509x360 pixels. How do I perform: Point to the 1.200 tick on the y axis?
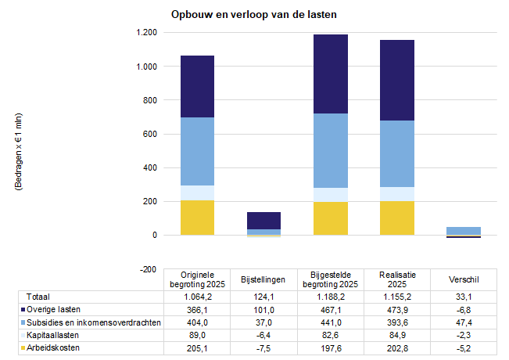[x=146, y=33]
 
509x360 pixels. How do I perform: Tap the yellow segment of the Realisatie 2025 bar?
[x=396, y=218]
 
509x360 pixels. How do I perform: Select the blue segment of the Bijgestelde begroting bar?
[x=330, y=150]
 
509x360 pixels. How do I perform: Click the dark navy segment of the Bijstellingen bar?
[x=263, y=220]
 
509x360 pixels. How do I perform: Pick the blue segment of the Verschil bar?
[x=463, y=230]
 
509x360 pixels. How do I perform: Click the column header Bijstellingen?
[x=263, y=279]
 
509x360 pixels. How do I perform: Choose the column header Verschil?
[x=463, y=279]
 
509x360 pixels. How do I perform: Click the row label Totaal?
[x=38, y=297]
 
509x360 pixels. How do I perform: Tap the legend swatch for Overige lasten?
[x=23, y=310]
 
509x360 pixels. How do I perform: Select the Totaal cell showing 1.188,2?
[x=330, y=297]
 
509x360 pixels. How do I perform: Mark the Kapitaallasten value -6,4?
[x=263, y=335]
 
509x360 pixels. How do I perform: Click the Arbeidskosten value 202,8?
[x=396, y=347]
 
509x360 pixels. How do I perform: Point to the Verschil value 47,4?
[x=463, y=322]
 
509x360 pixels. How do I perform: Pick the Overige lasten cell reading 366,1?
[x=197, y=310]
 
